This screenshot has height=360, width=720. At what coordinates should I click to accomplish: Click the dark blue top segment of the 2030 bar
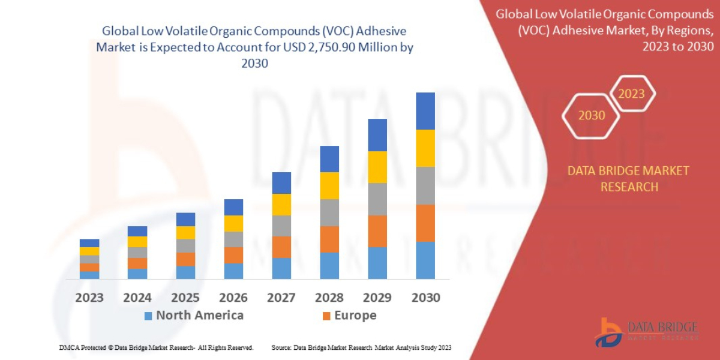pyautogui.click(x=425, y=111)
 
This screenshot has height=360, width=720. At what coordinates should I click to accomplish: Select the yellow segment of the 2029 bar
pyautogui.click(x=377, y=167)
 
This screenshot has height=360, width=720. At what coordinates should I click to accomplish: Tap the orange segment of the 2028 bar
pyautogui.click(x=329, y=239)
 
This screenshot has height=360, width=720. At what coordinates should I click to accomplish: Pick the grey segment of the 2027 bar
pyautogui.click(x=281, y=226)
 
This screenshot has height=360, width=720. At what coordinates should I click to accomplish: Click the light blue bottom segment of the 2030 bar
pyautogui.click(x=425, y=260)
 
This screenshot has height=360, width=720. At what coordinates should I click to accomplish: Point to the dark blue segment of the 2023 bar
pyautogui.click(x=89, y=243)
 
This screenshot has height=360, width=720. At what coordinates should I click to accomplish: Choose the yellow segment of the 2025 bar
pyautogui.click(x=185, y=233)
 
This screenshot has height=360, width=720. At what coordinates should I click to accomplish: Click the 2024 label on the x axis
pyautogui.click(x=137, y=298)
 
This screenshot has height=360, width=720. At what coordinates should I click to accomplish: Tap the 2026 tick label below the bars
pyautogui.click(x=233, y=298)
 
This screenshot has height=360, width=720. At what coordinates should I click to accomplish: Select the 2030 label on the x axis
pyautogui.click(x=425, y=298)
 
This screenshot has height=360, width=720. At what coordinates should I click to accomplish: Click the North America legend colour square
pyautogui.click(x=148, y=316)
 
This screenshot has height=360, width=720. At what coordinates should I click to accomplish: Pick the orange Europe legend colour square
pyautogui.click(x=326, y=316)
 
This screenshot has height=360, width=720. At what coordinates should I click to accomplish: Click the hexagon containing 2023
pyautogui.click(x=631, y=94)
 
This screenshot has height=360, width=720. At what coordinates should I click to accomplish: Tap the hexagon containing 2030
pyautogui.click(x=591, y=115)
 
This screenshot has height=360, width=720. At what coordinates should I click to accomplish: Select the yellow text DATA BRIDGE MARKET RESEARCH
pyautogui.click(x=628, y=179)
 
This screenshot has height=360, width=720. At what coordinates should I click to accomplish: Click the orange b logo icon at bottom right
pyautogui.click(x=608, y=332)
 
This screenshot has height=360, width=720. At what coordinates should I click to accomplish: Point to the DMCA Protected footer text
pyautogui.click(x=156, y=347)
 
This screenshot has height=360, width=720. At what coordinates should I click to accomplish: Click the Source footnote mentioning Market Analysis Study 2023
pyautogui.click(x=361, y=347)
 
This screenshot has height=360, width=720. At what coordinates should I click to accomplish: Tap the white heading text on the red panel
pyautogui.click(x=605, y=30)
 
